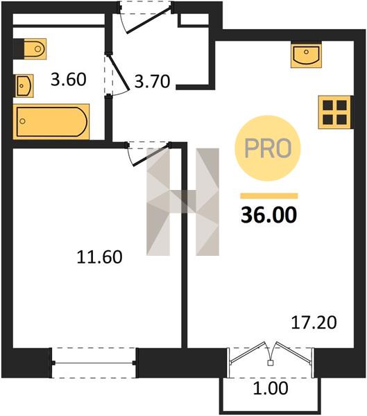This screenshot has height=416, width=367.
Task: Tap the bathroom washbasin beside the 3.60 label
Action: (24, 86)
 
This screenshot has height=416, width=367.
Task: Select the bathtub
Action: (51, 122)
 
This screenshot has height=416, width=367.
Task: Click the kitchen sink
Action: (306, 55)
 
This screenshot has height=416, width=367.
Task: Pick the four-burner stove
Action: (336, 112)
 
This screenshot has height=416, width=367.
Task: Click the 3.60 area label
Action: (69, 79)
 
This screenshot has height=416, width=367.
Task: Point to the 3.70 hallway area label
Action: (152, 81)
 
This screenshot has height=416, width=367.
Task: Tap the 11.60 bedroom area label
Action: (100, 257)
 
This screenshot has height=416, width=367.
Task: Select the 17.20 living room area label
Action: (314, 322)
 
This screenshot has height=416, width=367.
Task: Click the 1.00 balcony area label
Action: (271, 388)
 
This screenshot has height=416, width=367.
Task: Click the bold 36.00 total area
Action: (268, 215)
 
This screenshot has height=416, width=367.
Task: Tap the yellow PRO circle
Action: (268, 148)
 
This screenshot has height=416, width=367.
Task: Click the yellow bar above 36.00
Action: (269, 196)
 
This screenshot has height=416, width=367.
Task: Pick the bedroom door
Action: (148, 154)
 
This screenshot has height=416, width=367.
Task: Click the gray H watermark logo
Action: (182, 202)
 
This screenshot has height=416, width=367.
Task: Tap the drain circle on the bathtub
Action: (23, 121)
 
